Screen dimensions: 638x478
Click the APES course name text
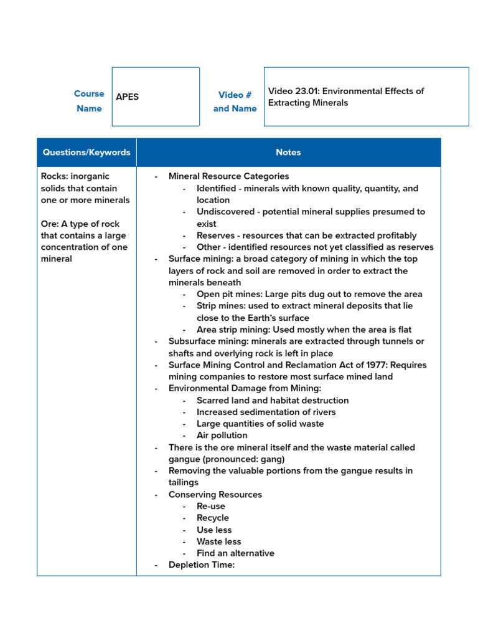coord(128,97)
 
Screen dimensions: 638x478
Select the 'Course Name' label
coord(89,101)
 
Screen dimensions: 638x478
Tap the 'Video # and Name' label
coord(235,102)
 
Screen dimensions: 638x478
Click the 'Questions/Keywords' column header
coord(87,152)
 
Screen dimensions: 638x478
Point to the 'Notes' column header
coord(288,152)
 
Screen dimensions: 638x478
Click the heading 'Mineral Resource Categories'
coord(228,176)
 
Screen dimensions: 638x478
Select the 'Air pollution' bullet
coord(222,436)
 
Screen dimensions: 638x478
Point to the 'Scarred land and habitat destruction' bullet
coord(273,401)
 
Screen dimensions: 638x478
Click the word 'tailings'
coord(184,482)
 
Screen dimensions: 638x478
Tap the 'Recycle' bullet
coord(213,518)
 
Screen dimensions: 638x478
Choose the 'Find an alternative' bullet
coord(235,553)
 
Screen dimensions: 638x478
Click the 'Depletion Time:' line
coord(202,565)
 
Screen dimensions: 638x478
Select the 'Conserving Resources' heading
coord(215,495)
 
